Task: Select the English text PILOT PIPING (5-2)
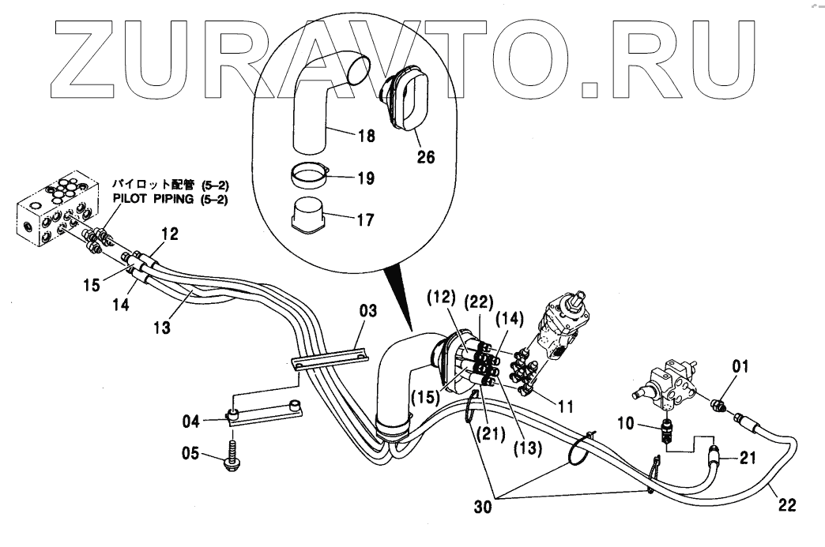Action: click(x=170, y=200)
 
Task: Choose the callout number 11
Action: click(x=566, y=408)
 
